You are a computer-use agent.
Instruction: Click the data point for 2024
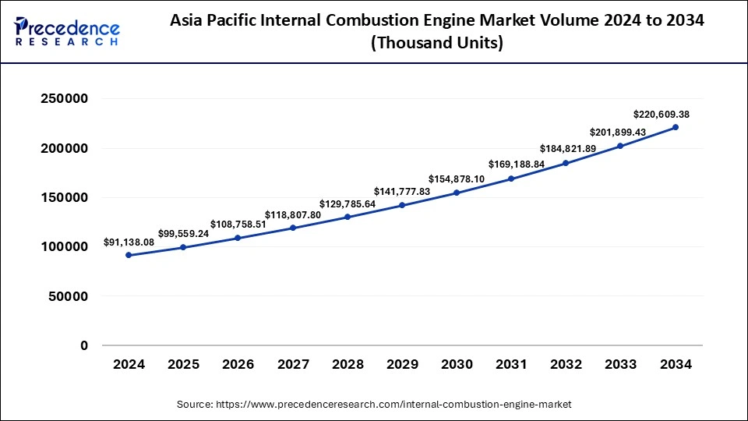(x=129, y=255)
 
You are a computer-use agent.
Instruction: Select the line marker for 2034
(x=675, y=127)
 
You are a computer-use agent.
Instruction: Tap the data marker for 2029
(x=402, y=205)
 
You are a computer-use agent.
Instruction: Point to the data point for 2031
(x=511, y=179)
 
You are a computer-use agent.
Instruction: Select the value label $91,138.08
(x=129, y=242)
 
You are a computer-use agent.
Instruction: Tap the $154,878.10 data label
(x=457, y=179)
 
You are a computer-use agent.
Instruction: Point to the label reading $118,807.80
(x=293, y=214)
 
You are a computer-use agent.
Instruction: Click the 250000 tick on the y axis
(x=65, y=99)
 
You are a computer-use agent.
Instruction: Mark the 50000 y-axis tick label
(x=69, y=296)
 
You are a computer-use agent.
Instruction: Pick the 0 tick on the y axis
(x=84, y=345)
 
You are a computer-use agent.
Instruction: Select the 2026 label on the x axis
(x=238, y=364)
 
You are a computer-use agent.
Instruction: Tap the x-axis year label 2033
(x=620, y=364)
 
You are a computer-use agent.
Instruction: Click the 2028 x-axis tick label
(x=348, y=364)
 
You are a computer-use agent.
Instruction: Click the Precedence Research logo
(x=67, y=32)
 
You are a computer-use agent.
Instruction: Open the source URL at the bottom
(x=374, y=405)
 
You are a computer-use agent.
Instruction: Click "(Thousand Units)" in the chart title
(x=436, y=44)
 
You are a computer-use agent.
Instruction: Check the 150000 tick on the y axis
(x=65, y=197)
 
